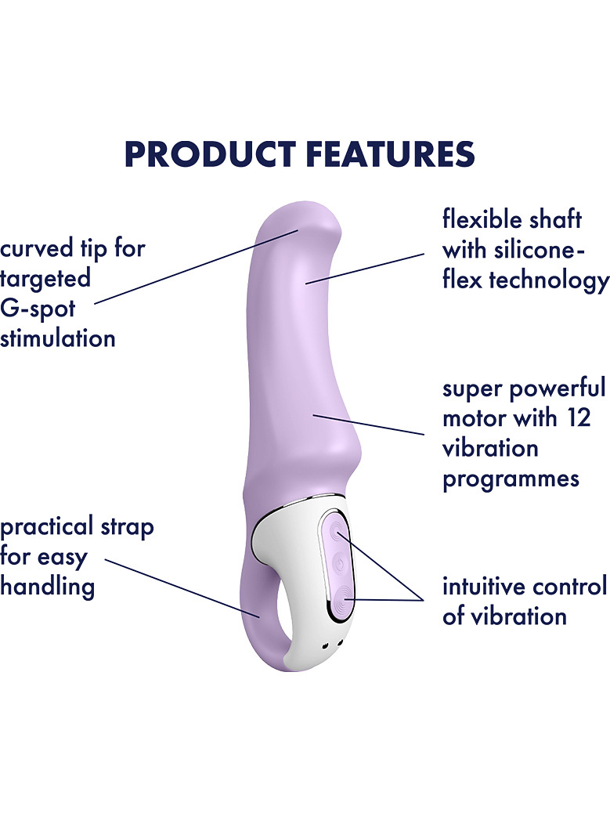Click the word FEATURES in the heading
pyautogui.click(x=390, y=154)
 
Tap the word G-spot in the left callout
pyautogui.click(x=38, y=309)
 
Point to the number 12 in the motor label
pyautogui.click(x=579, y=418)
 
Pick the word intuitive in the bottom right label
pyautogui.click(x=484, y=587)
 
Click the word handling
pyautogui.click(x=47, y=587)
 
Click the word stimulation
pyautogui.click(x=57, y=338)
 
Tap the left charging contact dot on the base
pyautogui.click(x=326, y=645)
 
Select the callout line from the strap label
pyautogui.click(x=182, y=588)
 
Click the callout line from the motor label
pyautogui.click(x=369, y=425)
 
